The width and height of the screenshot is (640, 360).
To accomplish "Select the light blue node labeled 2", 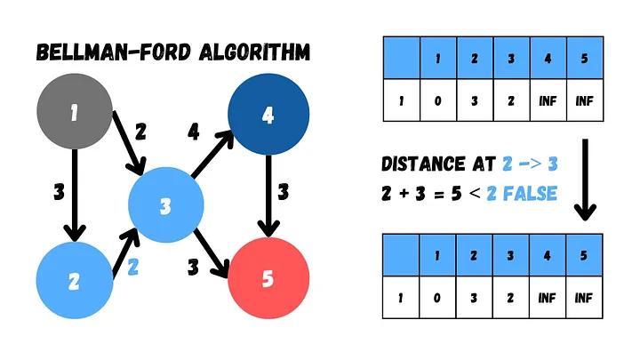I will click(75, 280).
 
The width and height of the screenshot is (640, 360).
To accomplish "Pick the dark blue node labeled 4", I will click(268, 113).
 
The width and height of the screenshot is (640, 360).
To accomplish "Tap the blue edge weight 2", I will click(133, 264).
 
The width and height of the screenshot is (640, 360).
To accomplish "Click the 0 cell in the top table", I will click(437, 101).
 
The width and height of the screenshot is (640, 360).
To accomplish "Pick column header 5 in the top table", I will click(584, 59).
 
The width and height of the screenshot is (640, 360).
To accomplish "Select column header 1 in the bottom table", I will click(437, 256).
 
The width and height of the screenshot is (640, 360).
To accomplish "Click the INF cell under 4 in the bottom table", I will click(548, 298).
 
